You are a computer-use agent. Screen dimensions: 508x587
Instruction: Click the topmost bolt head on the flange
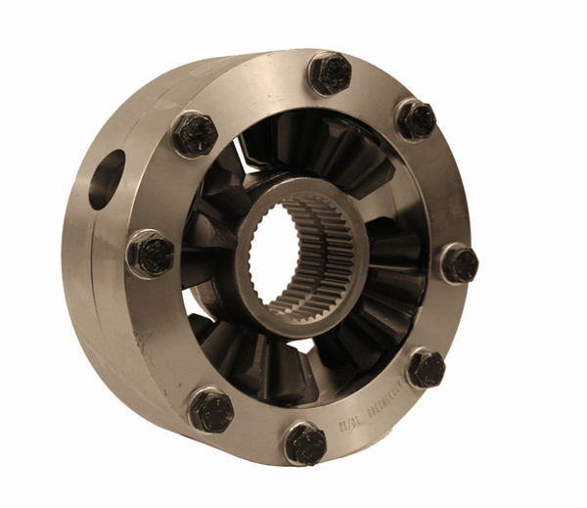point(330,73)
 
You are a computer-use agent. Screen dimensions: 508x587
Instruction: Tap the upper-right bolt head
point(416,119)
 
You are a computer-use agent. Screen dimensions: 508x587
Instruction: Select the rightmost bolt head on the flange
point(458,263)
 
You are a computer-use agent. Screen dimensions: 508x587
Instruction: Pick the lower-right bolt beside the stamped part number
point(425,369)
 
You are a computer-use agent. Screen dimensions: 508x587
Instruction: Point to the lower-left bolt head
point(210,410)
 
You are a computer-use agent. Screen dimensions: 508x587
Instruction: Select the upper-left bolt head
point(194,134)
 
